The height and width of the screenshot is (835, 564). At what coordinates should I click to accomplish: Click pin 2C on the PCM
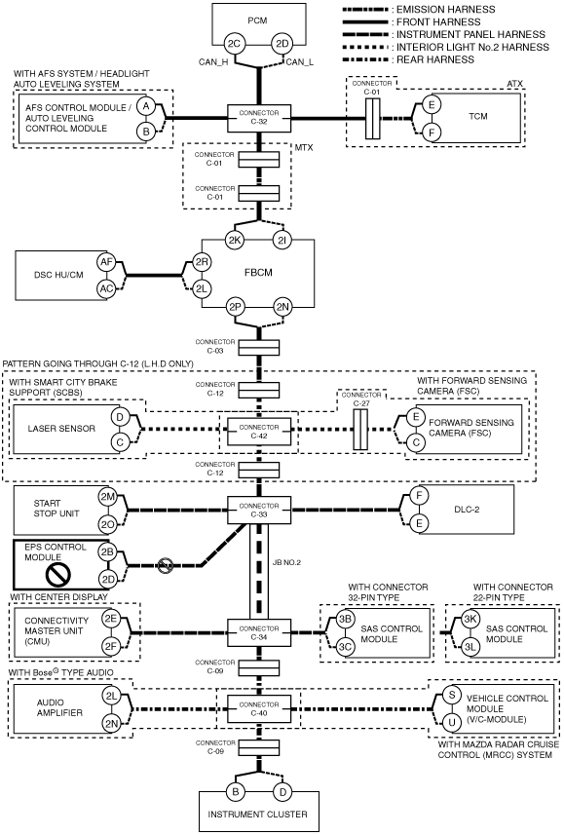tap(235, 44)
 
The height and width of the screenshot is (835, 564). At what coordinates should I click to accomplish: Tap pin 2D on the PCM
tap(282, 44)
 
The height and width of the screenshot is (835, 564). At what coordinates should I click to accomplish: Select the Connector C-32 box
tap(259, 118)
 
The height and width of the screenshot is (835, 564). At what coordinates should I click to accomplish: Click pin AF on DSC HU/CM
tap(106, 261)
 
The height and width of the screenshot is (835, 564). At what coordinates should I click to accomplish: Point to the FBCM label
tap(258, 273)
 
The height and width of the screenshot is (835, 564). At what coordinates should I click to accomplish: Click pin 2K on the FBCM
tap(235, 240)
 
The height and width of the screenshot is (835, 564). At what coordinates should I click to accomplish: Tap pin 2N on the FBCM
tap(282, 307)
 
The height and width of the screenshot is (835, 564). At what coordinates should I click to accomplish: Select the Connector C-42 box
tap(259, 432)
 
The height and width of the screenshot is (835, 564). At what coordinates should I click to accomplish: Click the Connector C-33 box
tap(259, 511)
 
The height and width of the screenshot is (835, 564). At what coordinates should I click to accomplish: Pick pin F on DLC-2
tap(419, 496)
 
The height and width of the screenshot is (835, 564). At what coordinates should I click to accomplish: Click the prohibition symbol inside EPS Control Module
tap(58, 574)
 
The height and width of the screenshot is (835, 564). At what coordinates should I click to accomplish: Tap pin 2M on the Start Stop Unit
tap(107, 497)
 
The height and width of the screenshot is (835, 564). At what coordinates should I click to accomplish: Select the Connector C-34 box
tap(259, 632)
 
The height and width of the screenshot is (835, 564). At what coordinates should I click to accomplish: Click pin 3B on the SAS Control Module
tap(345, 620)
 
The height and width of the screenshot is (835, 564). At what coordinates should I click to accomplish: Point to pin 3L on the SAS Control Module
tap(470, 647)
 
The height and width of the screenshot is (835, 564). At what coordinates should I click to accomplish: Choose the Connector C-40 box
tap(259, 708)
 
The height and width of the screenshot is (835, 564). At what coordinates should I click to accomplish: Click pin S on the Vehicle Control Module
tap(452, 695)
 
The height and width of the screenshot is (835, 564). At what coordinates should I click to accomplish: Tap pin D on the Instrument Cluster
tap(282, 792)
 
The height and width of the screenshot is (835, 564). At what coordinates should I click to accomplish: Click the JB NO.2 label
tap(286, 562)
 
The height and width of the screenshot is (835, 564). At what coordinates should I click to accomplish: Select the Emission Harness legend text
tap(446, 9)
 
